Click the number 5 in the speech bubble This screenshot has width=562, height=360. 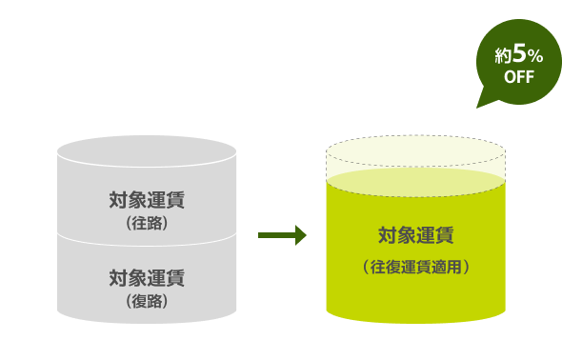pyautogui.click(x=519, y=54)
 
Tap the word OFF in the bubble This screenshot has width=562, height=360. pyautogui.click(x=519, y=77)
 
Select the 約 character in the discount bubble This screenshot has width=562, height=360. pyautogui.click(x=503, y=56)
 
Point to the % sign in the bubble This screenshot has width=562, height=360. pyautogui.click(x=535, y=56)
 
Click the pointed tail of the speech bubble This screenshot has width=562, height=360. pyautogui.click(x=482, y=103)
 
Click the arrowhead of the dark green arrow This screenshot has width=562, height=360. pyautogui.click(x=300, y=234)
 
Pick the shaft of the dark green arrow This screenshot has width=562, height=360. pyautogui.click(x=276, y=234)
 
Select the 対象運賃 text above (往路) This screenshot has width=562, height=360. pyautogui.click(x=147, y=201)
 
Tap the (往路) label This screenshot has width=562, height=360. pyautogui.click(x=147, y=224)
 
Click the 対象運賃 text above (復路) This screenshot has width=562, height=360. pyautogui.click(x=147, y=278)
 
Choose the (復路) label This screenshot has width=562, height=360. pyautogui.click(x=147, y=301)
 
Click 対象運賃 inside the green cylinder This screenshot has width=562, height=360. pyautogui.click(x=415, y=234)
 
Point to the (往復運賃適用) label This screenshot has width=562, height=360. pyautogui.click(x=415, y=268)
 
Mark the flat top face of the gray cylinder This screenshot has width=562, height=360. pyautogui.click(x=147, y=150)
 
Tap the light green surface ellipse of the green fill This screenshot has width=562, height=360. pyautogui.click(x=415, y=183)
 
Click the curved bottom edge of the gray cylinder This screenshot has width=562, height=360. pyautogui.click(x=147, y=322)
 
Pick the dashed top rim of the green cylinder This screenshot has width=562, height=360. pyautogui.click(x=415, y=136)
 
